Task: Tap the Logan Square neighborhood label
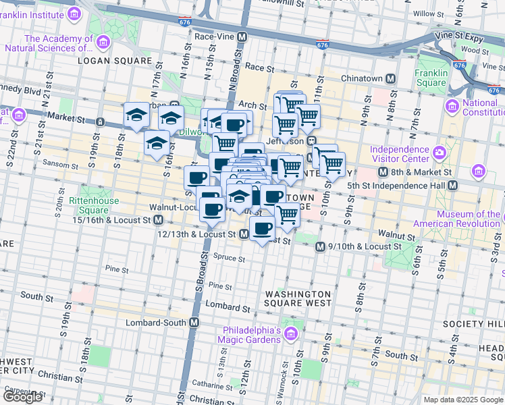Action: pos(114,61)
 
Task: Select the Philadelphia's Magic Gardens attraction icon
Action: pos(290,334)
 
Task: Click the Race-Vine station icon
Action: pos(241,36)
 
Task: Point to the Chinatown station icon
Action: pos(390,79)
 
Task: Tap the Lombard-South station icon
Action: pos(194,322)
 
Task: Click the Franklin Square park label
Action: pos(431,78)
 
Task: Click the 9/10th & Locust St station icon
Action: pos(320,247)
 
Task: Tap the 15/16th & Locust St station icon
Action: pos(158,220)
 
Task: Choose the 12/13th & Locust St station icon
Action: pos(243,234)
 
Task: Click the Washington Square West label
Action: pos(298,299)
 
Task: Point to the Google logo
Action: pos(22,397)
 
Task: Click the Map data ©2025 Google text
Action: pos(463,400)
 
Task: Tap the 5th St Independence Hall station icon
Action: pos(452,185)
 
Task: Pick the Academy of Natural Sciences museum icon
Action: pos(103,43)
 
